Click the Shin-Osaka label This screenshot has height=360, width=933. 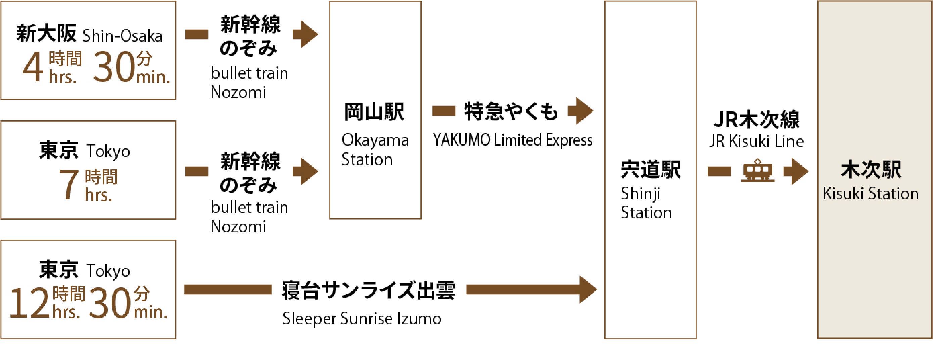coord(123,36)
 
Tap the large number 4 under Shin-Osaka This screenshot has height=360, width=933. coord(33,67)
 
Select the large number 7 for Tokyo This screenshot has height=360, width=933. coord(68,185)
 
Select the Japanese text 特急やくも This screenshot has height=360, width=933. coord(511,111)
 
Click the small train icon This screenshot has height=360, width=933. coord(757,171)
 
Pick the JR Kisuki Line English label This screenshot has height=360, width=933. coord(756,141)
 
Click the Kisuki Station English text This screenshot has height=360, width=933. coord(870,194)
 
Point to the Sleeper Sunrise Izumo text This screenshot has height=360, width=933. coord(362,319)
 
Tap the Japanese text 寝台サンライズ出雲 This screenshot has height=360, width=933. coord(368,290)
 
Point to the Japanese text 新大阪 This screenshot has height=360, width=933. coord(46,33)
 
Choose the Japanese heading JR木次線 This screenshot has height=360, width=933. coord(756,120)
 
